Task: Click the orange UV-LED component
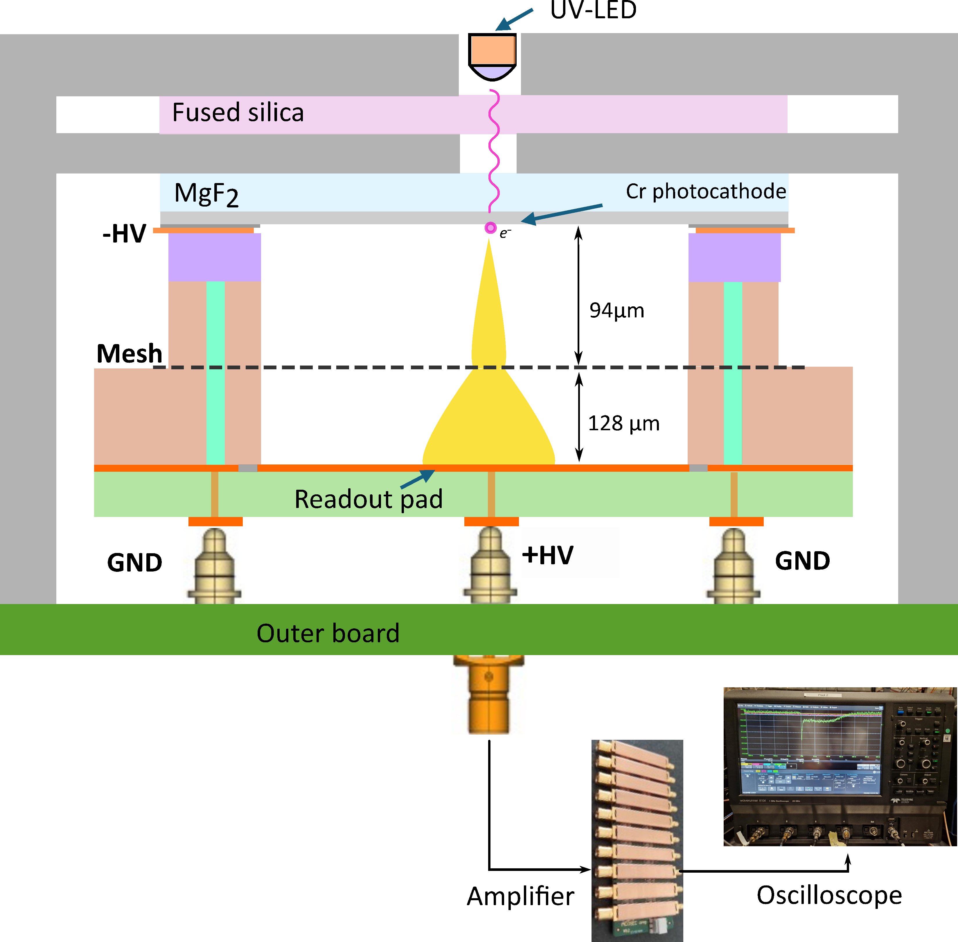coord(492,50)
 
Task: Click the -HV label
coord(124,234)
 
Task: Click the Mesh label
coord(129,353)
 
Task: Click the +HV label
coord(548,555)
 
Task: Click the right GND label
coord(802,561)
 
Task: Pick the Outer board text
coord(328,633)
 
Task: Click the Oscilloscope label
coord(829,895)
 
